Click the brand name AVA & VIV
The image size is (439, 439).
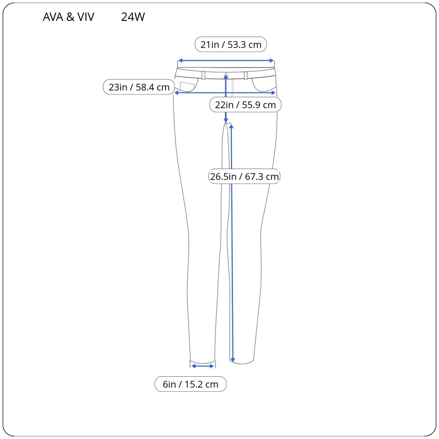tap(68, 17)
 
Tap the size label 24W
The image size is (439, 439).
tap(133, 17)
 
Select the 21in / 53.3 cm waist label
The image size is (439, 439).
tap(231, 44)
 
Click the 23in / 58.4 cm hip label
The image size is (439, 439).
tap(139, 87)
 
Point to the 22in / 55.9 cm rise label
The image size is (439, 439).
tap(245, 105)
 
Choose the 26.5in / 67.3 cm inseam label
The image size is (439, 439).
tap(244, 176)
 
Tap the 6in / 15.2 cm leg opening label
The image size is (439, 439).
tap(190, 384)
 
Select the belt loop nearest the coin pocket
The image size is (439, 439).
tap(203, 75)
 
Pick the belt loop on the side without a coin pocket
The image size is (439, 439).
tap(246, 75)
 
